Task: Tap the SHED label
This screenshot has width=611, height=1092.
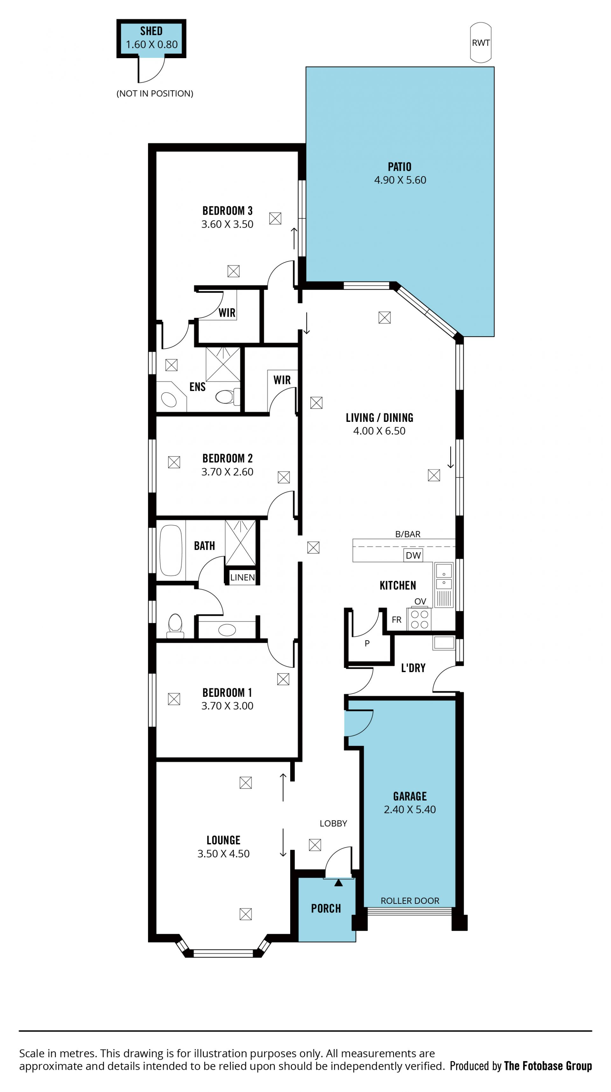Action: pyautogui.click(x=151, y=31)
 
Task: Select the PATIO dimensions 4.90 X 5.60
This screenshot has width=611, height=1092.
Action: pyautogui.click(x=400, y=180)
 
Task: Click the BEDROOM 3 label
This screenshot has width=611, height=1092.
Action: pyautogui.click(x=228, y=211)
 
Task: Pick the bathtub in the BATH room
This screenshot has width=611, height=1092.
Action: pyautogui.click(x=171, y=550)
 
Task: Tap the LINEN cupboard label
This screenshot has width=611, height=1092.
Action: pyautogui.click(x=242, y=577)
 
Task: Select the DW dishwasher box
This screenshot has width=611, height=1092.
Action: pyautogui.click(x=413, y=555)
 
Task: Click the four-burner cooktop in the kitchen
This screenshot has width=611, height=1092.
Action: pyautogui.click(x=419, y=619)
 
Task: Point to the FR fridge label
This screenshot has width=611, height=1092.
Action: pyautogui.click(x=397, y=620)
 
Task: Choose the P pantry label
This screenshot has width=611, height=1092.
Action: pyautogui.click(x=367, y=643)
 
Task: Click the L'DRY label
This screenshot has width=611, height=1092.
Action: pyautogui.click(x=413, y=668)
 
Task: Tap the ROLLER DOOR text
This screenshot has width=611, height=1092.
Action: pyautogui.click(x=410, y=901)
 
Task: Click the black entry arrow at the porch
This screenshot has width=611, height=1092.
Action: pyautogui.click(x=338, y=883)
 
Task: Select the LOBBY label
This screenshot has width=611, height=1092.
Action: pyautogui.click(x=334, y=823)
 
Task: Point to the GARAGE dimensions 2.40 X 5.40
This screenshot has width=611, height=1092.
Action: pyautogui.click(x=410, y=810)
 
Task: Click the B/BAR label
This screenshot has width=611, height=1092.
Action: pyautogui.click(x=408, y=534)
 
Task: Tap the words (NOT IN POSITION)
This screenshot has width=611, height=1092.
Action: pyautogui.click(x=155, y=94)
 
